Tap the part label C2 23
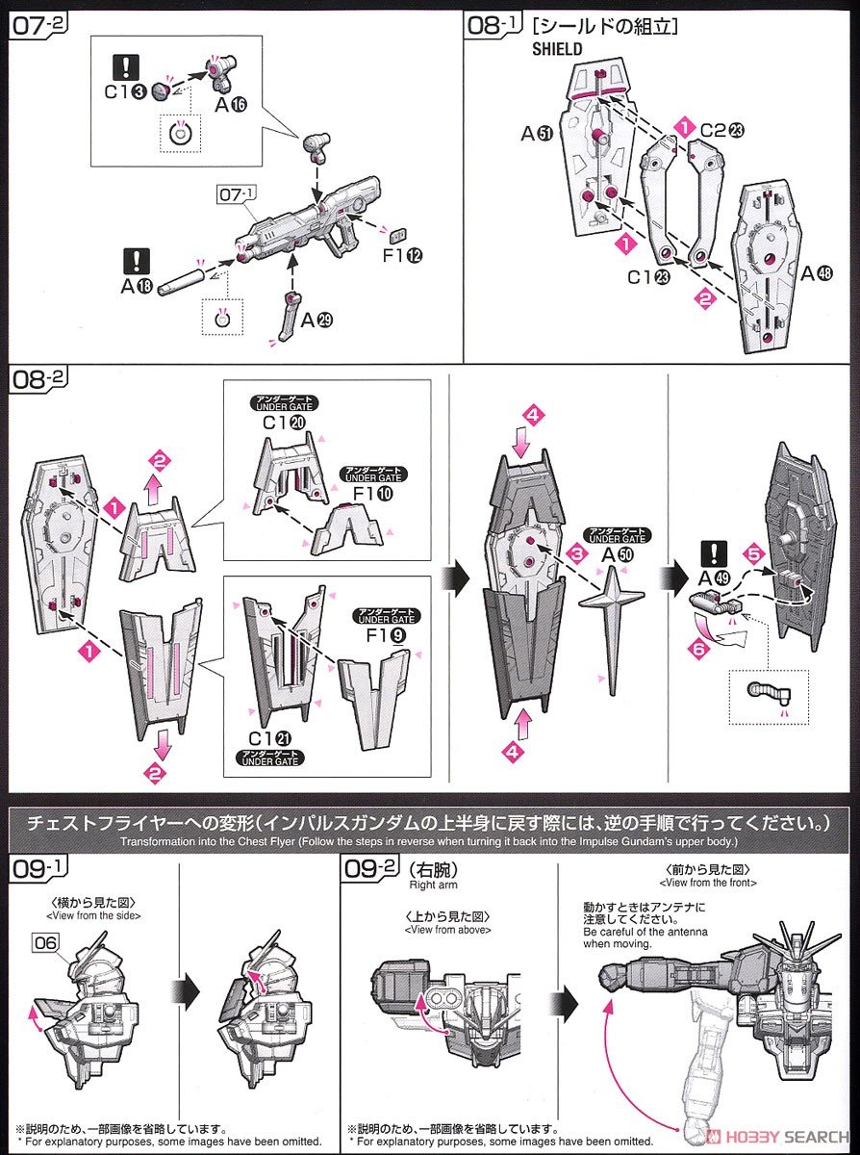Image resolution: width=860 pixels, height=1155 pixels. tap(720, 129)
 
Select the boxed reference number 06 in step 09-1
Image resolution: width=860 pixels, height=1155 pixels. tap(45, 943)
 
